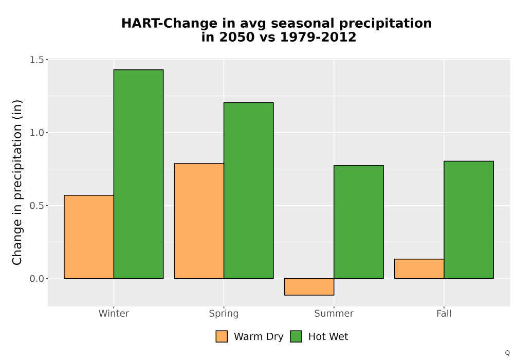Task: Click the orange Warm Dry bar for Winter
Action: (x=89, y=237)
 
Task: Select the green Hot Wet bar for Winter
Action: (x=138, y=174)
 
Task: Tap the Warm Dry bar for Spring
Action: (x=199, y=221)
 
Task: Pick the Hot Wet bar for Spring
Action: (x=248, y=190)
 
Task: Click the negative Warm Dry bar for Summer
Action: (x=309, y=287)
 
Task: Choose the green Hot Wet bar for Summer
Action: (x=359, y=222)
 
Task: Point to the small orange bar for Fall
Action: (x=419, y=269)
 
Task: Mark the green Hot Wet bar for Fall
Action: (x=469, y=220)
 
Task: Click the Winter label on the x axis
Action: (x=114, y=314)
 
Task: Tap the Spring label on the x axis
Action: (x=224, y=314)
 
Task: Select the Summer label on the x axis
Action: (x=334, y=314)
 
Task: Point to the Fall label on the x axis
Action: (x=444, y=314)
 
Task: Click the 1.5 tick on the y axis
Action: (x=36, y=60)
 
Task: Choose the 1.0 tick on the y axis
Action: (x=36, y=133)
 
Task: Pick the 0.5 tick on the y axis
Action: (x=36, y=206)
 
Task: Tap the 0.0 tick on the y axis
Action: (x=36, y=279)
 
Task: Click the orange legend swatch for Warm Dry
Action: (x=222, y=336)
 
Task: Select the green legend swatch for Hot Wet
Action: (x=296, y=336)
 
